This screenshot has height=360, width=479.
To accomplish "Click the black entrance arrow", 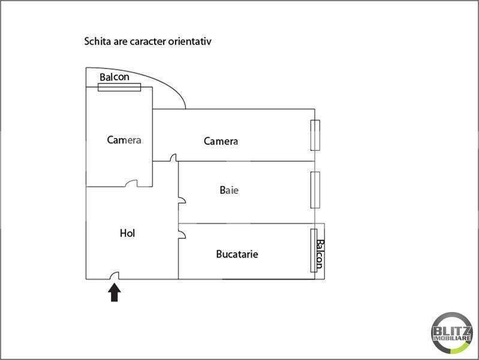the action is [115, 292].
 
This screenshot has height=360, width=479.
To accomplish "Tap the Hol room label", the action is [127, 233].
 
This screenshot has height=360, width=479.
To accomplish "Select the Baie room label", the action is [229, 190].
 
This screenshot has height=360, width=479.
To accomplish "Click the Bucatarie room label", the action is [237, 254].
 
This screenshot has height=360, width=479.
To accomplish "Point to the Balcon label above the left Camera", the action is [115, 77].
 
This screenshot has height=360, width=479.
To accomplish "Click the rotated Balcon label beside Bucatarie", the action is [320, 254].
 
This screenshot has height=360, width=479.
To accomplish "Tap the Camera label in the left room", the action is [124, 140].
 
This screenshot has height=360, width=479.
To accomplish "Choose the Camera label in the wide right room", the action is [221, 142].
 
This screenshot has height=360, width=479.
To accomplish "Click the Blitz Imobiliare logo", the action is [452, 333].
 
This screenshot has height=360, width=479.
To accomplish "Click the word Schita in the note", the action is [98, 41].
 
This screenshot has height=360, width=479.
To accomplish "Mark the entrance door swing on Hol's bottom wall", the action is [115, 275].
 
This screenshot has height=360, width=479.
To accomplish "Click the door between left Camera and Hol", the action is [131, 183].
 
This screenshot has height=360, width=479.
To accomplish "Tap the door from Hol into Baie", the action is [182, 200].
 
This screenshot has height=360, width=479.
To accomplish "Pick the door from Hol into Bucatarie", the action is [182, 235].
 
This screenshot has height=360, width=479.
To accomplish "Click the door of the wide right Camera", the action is [173, 158].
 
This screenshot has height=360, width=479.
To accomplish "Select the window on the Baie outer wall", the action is [315, 190].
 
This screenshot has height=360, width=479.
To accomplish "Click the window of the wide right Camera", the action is [315, 135].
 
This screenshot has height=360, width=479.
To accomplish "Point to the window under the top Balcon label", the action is [119, 87].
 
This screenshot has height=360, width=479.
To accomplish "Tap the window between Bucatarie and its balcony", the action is [314, 251].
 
